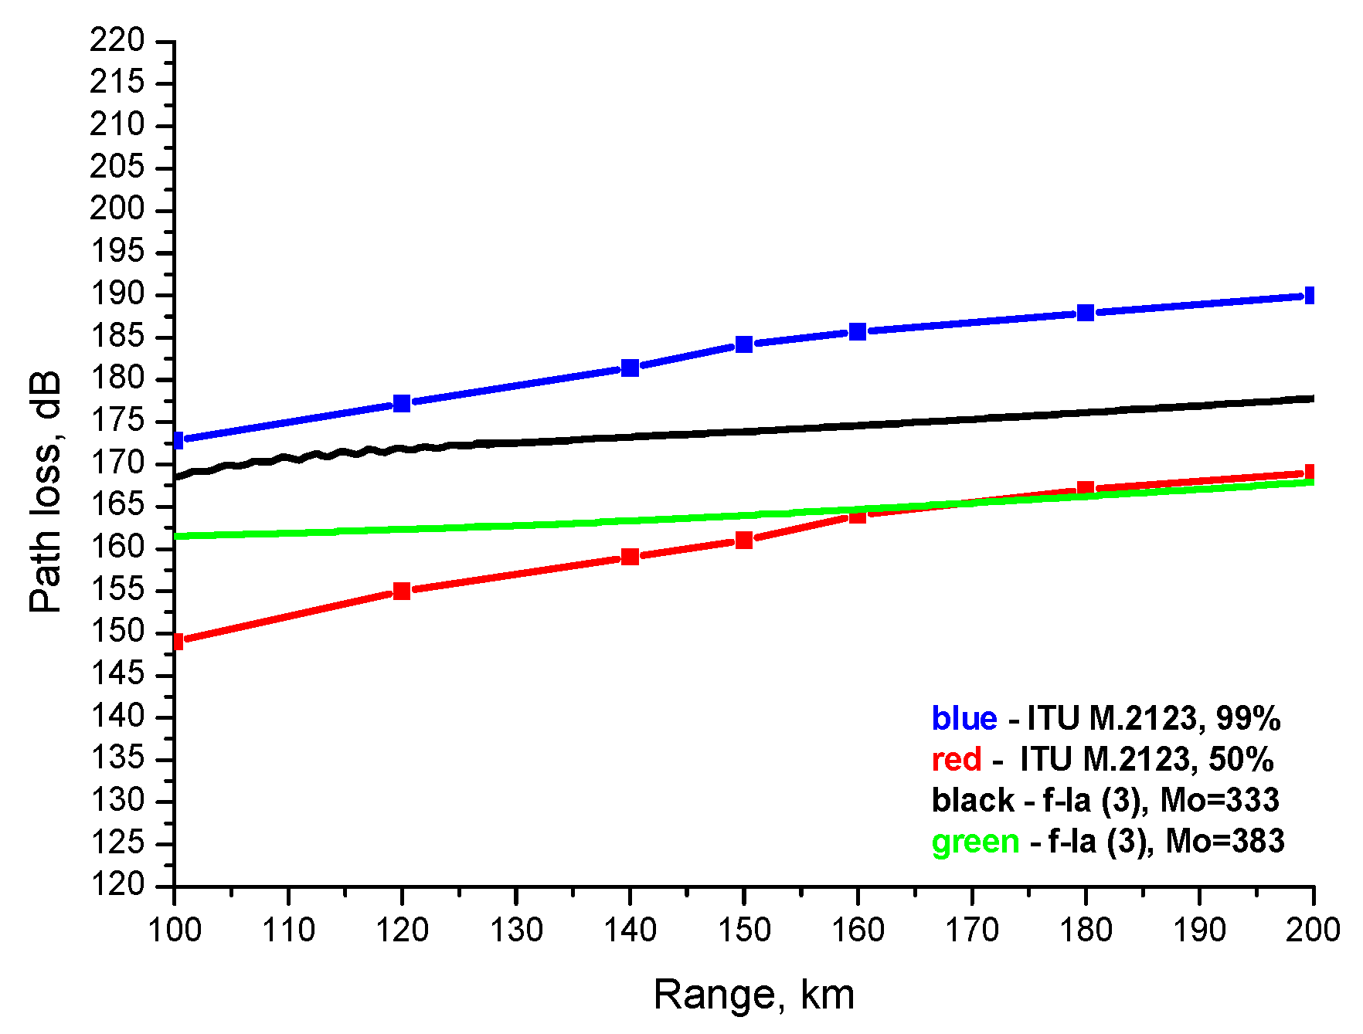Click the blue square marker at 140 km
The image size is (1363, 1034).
coord(630,368)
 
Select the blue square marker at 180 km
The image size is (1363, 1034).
coord(1086,313)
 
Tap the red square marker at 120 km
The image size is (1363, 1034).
coord(402,592)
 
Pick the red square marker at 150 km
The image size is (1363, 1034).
coord(744,540)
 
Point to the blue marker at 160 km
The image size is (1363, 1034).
coord(858,332)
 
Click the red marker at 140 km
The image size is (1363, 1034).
coord(630,557)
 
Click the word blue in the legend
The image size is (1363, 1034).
coord(964,719)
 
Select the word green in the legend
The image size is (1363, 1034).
coord(975,841)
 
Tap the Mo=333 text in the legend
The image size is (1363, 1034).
coord(1219,800)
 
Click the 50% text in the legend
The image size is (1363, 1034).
coord(1241,760)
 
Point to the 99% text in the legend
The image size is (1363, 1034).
coord(1248,719)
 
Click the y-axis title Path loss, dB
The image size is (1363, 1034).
coord(46,493)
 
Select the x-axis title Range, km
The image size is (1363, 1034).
coord(753,995)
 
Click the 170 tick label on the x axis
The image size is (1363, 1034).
coord(971,930)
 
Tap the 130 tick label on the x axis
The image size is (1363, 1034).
coord(516,930)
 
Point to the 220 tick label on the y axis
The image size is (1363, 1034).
coord(117,40)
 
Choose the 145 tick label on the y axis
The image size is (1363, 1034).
coord(117,675)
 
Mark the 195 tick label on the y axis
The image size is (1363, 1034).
coord(117,252)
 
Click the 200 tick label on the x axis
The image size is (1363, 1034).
coord(1312,930)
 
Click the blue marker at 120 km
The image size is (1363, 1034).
coord(402,403)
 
